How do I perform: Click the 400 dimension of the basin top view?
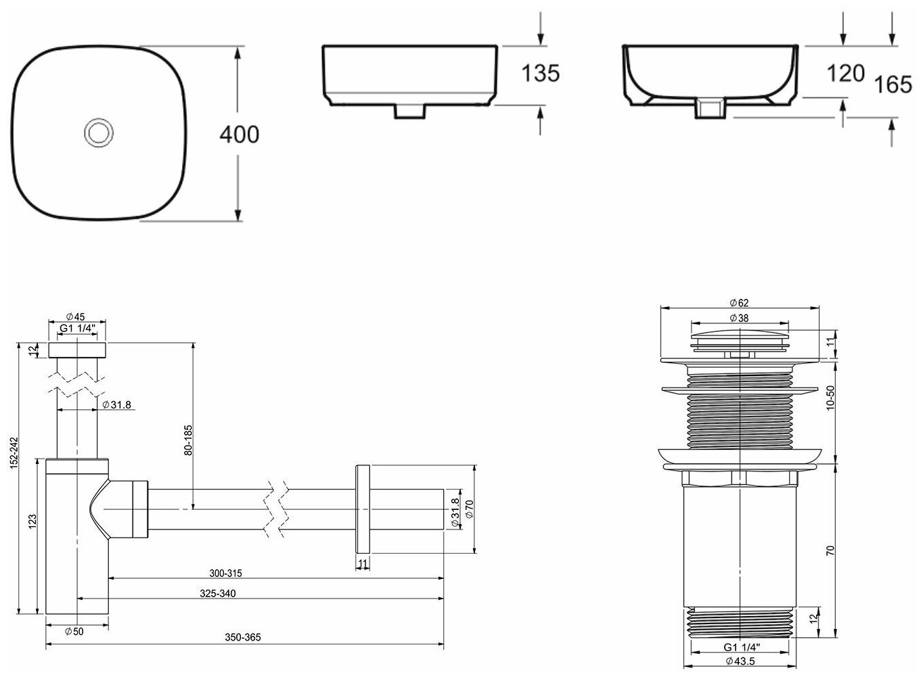point(240,135)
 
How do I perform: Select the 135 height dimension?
point(541,73)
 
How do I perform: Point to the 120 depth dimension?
point(846,74)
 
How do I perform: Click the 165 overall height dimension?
point(893,85)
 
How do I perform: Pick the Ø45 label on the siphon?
point(75,317)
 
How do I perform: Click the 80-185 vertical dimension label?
point(188,440)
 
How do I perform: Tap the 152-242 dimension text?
point(14,453)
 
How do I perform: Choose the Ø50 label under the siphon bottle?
point(74,631)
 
